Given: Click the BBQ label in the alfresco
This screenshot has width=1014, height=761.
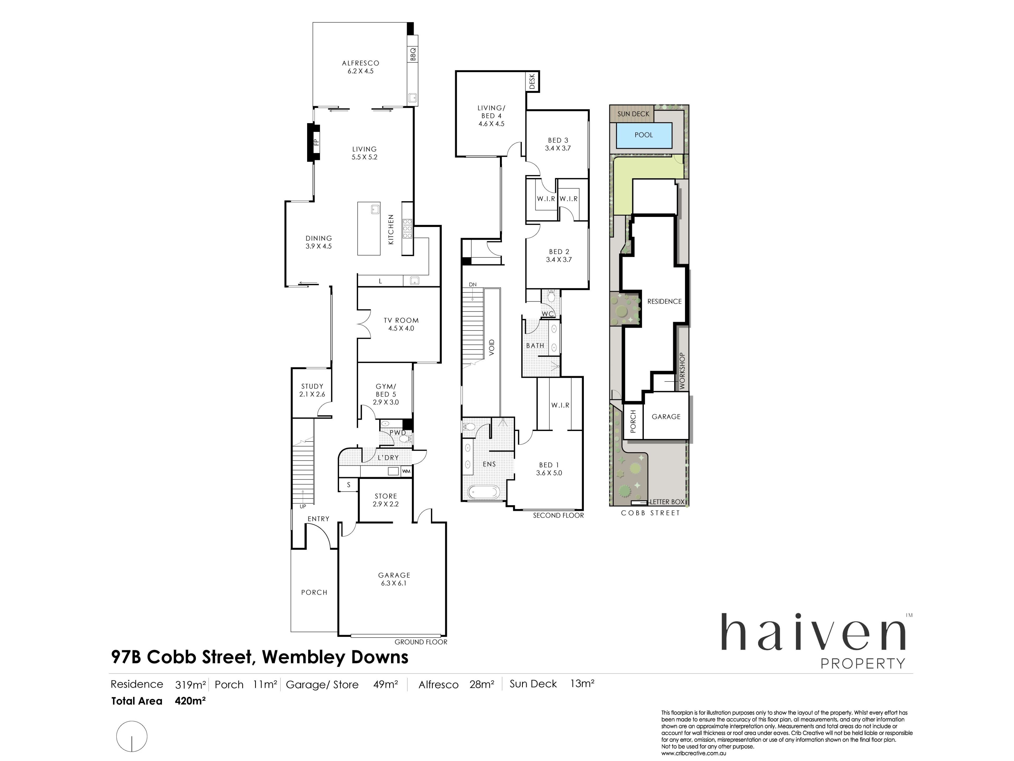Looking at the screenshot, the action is [413, 54].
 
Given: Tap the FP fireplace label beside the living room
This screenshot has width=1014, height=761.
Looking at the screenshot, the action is [315, 142].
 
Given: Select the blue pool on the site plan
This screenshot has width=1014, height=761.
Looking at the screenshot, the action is [644, 135].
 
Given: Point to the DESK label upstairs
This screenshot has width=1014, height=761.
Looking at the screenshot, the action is [532, 82].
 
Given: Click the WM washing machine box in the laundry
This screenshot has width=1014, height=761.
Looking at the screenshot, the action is [406, 471].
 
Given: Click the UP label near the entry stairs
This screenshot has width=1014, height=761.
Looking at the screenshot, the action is [303, 507].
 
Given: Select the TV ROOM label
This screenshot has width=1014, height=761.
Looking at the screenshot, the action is [401, 320].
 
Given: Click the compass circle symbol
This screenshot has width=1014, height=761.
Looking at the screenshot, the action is [132, 736].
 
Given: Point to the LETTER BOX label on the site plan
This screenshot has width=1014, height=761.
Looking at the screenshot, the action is [667, 502].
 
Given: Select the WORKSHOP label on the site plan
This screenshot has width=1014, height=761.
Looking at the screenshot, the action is [682, 371].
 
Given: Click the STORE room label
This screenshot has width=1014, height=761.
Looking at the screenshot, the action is [386, 496].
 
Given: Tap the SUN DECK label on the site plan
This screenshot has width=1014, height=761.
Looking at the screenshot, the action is [633, 114].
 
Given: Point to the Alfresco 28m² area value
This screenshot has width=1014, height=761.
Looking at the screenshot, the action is [482, 684].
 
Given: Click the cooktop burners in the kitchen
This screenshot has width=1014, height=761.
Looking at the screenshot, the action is [407, 229].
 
